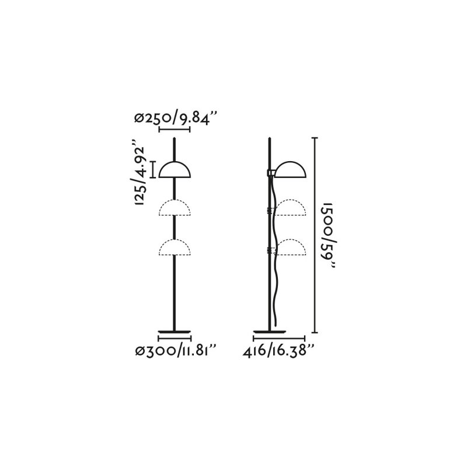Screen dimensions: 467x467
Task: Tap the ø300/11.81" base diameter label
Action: tap(176, 351)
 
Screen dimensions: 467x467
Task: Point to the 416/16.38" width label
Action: tap(279, 351)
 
